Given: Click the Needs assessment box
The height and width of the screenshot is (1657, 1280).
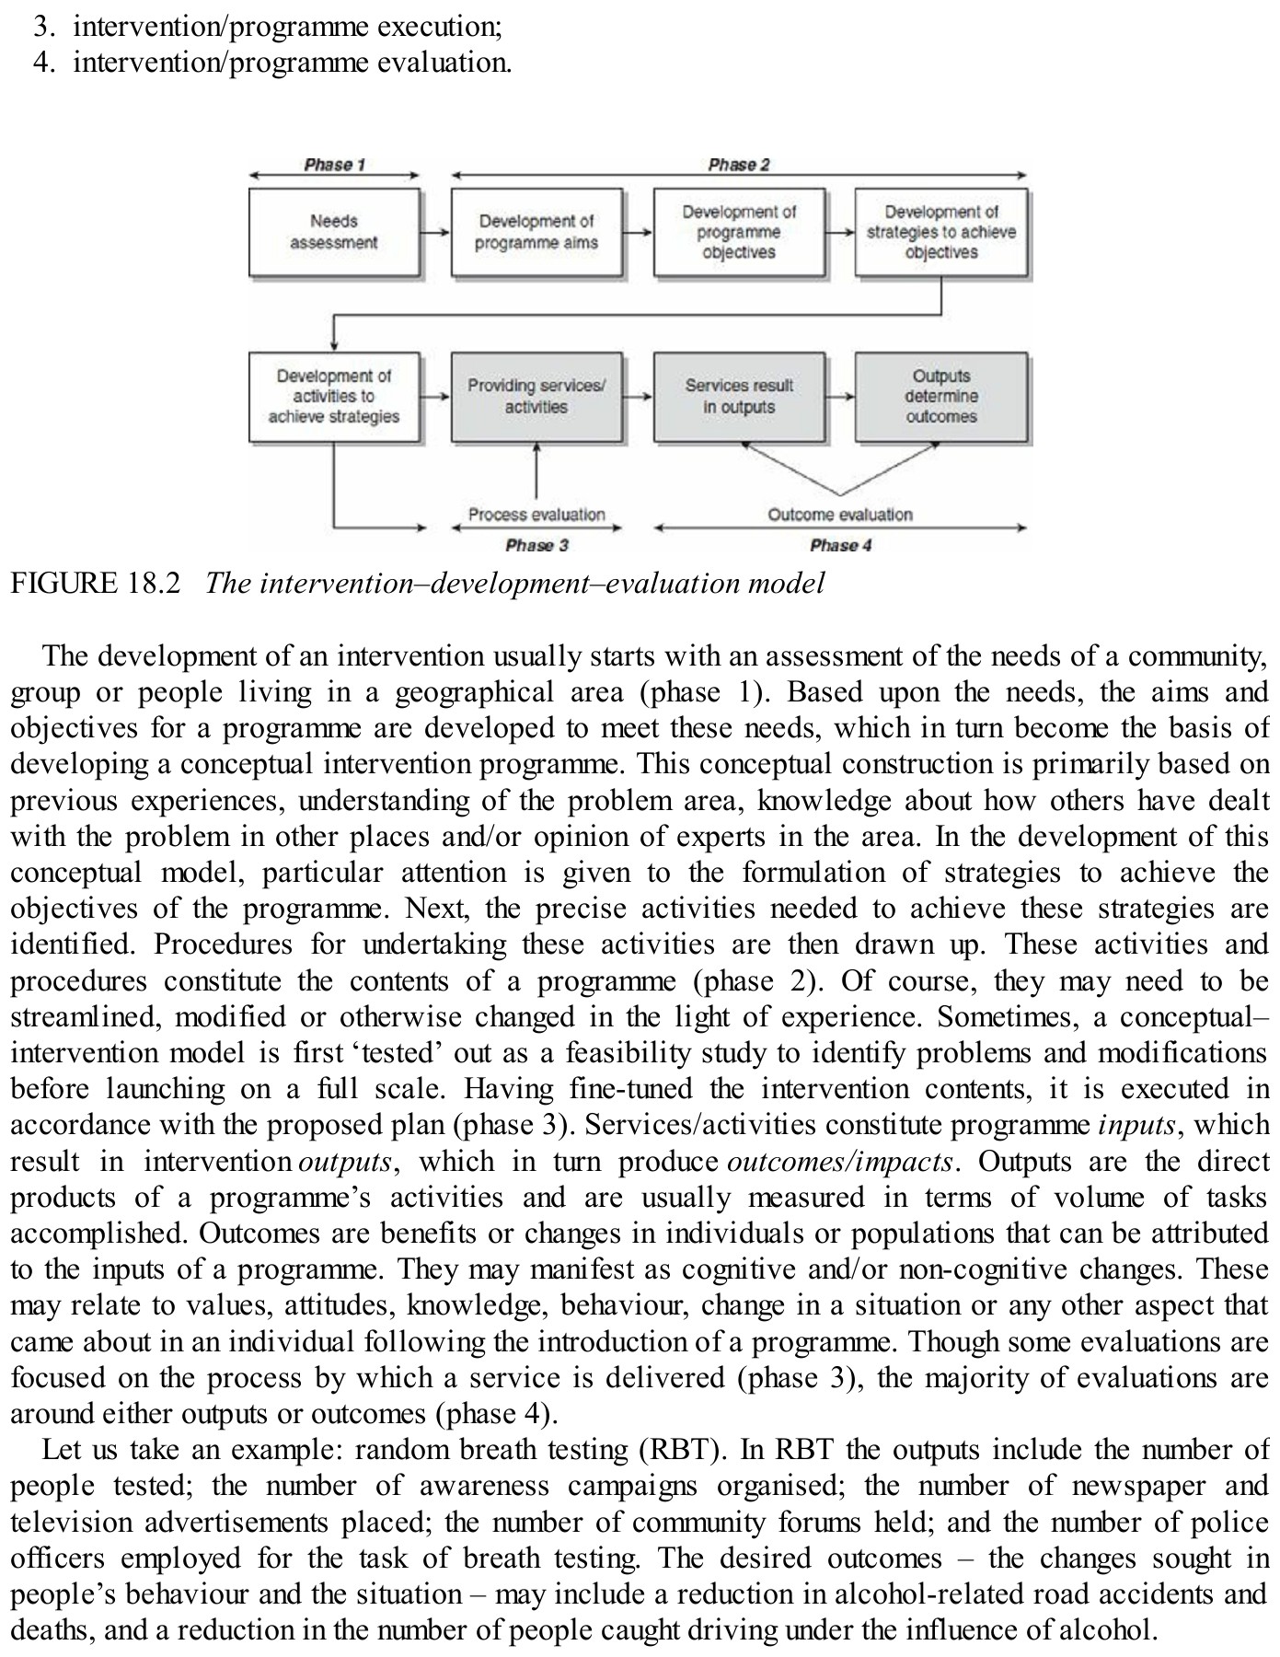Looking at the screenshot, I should point(333,232).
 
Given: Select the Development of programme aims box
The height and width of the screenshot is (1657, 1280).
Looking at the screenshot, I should point(536,232).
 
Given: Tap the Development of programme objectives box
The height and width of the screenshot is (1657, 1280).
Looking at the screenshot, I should point(738,232).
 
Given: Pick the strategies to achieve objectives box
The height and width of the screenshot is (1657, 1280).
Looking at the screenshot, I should point(940,232).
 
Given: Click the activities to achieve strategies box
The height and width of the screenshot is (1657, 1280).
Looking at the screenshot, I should point(333,397).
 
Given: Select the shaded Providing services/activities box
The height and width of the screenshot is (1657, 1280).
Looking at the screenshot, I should point(536,397).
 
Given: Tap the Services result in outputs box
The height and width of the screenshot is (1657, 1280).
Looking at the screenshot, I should point(738,397).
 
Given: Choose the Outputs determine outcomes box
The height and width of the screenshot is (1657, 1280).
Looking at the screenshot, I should point(940,397).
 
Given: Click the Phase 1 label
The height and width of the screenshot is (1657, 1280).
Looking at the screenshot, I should point(334,165).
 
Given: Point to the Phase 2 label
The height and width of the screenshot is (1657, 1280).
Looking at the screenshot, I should point(738,165).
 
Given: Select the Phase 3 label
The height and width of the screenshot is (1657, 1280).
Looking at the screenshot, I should point(536,545).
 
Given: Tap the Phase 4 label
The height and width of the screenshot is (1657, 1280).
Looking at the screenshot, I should point(840,545).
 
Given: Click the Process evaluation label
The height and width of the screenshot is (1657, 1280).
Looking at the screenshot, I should point(536,515).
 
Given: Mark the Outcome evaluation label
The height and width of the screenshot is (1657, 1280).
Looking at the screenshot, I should point(840,515).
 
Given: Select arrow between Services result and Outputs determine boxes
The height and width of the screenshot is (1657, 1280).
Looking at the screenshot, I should point(840,397).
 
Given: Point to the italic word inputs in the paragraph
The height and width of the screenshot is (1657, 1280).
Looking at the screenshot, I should point(1137,1125).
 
